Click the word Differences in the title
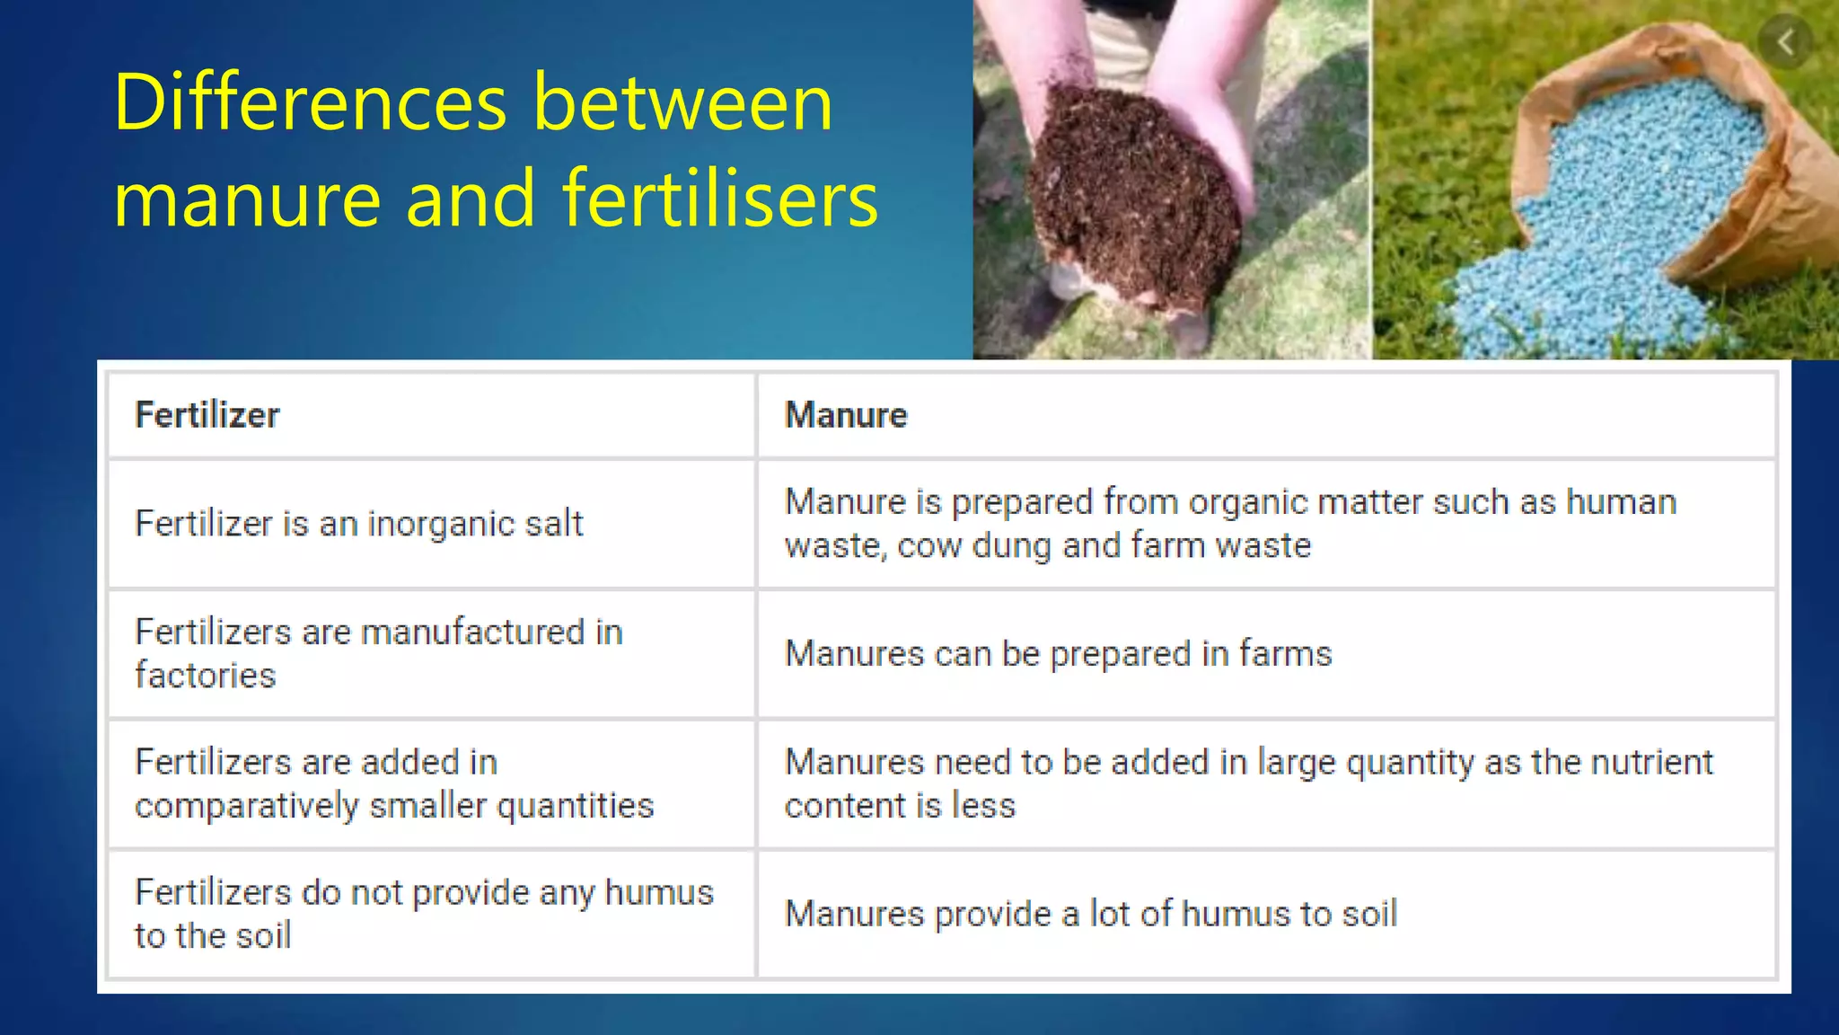point(311,103)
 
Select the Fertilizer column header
point(207,415)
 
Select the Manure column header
point(846,415)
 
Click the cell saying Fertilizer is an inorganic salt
point(359,524)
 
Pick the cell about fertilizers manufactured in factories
point(379,653)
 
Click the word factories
point(206,676)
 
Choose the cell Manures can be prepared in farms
point(1058,654)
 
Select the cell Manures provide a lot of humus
point(1091,914)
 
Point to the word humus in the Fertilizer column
point(659,892)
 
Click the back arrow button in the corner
point(1785,41)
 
